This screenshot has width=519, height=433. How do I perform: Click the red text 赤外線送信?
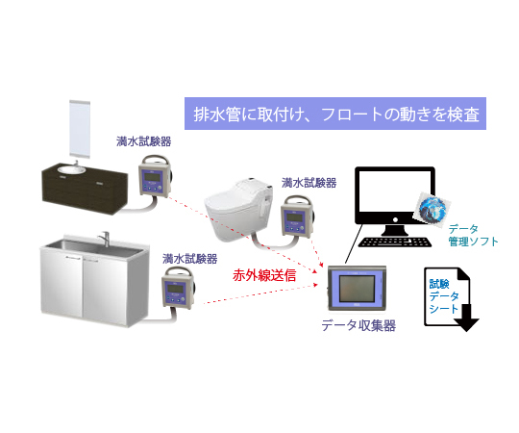[264, 275]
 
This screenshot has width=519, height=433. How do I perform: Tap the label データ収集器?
[358, 325]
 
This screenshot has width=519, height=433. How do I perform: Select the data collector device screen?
[358, 289]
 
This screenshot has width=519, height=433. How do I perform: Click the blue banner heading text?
[336, 115]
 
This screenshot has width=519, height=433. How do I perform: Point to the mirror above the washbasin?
[80, 128]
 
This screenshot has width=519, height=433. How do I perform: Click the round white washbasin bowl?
[71, 169]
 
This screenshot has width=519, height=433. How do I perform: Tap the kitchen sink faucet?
[105, 239]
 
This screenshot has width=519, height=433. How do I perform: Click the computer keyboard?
[395, 242]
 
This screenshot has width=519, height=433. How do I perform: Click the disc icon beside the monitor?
[432, 209]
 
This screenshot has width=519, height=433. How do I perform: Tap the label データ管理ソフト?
[473, 235]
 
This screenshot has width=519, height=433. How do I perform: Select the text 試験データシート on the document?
[444, 295]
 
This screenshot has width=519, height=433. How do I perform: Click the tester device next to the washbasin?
[156, 176]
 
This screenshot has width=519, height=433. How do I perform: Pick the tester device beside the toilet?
[298, 216]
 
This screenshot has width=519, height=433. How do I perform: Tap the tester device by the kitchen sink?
[178, 289]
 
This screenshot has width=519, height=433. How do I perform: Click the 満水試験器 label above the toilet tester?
[309, 183]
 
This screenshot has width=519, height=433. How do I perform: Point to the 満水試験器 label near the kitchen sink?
[190, 259]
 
